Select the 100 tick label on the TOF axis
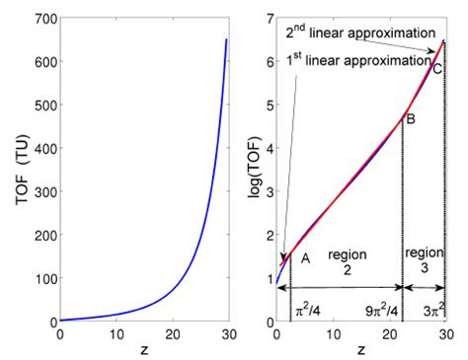[x=42, y=279]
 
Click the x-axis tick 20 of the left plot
[x=172, y=335]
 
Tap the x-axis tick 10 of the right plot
[x=334, y=335]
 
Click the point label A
[x=305, y=258]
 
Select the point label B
[x=411, y=119]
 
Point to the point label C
[x=435, y=68]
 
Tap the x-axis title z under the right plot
[x=361, y=350]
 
